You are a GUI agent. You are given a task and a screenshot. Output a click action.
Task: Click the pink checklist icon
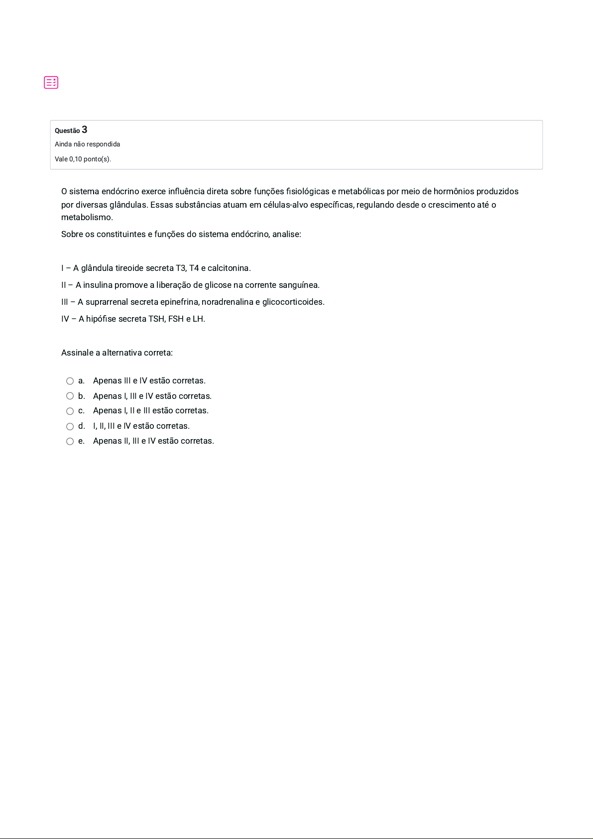click(x=51, y=83)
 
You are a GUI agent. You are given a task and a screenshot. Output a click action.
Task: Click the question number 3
click(x=85, y=130)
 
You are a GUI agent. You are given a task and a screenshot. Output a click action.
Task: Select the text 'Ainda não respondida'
click(x=87, y=144)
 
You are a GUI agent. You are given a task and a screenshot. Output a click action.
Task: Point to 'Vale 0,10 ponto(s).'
click(x=83, y=159)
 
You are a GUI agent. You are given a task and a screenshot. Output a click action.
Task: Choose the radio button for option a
click(x=70, y=381)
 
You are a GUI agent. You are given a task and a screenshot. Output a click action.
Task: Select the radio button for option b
click(x=70, y=396)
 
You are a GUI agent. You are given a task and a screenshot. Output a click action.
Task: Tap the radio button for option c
click(x=70, y=411)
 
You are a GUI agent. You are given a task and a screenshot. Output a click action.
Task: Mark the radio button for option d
click(x=70, y=427)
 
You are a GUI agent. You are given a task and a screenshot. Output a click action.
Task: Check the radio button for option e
click(x=70, y=442)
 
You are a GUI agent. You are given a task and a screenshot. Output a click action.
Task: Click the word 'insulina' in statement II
click(x=98, y=285)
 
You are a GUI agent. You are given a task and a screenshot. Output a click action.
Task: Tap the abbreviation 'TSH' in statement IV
click(x=157, y=319)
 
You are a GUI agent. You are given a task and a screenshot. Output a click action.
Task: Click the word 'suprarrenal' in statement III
click(x=107, y=302)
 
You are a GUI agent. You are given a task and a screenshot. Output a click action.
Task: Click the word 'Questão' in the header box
click(x=67, y=131)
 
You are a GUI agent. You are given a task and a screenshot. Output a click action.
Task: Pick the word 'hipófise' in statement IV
click(x=101, y=319)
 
